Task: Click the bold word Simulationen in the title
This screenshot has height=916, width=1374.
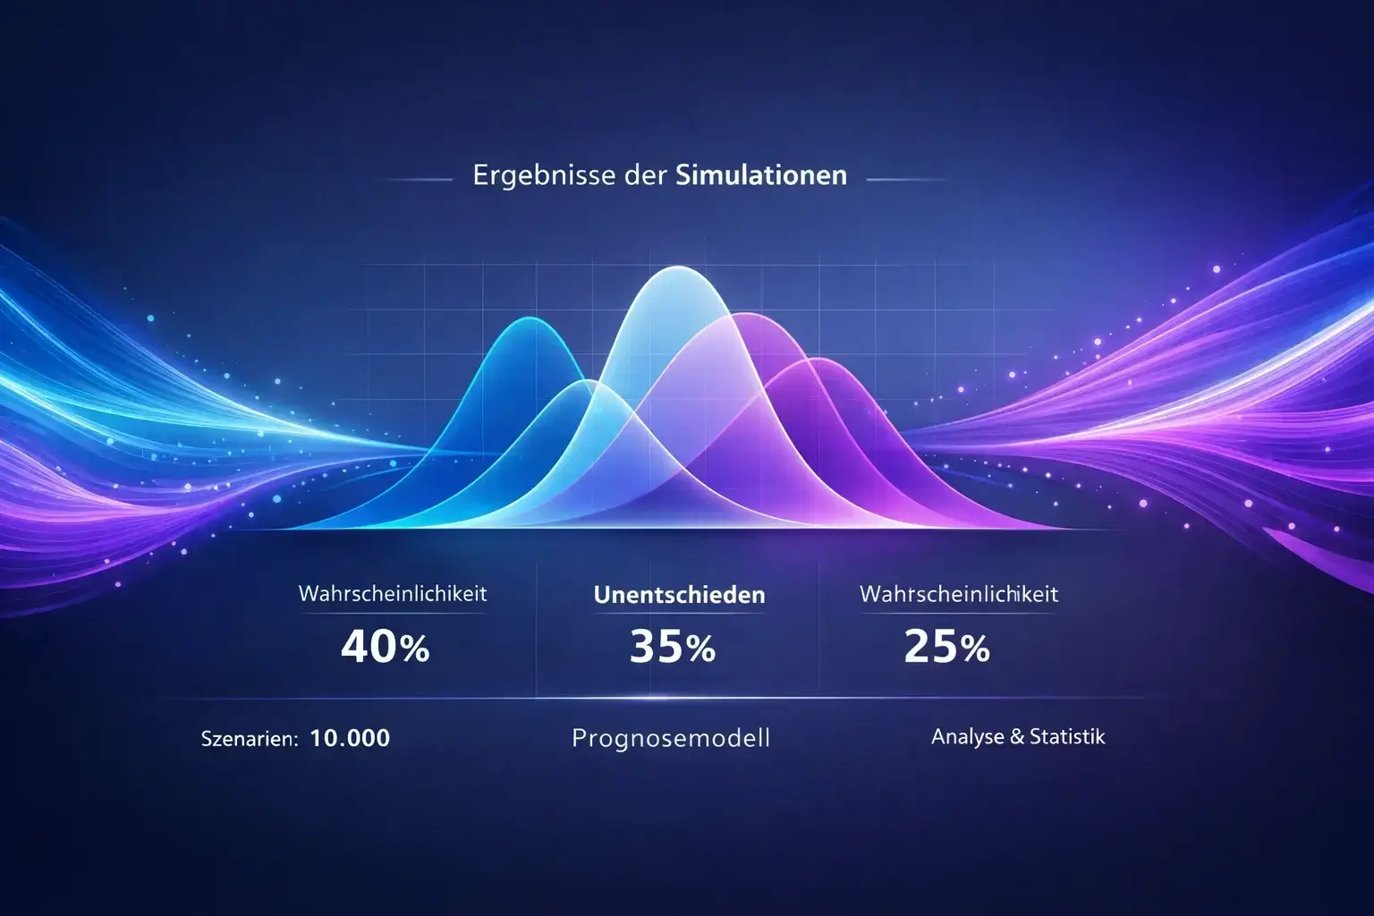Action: pyautogui.click(x=761, y=174)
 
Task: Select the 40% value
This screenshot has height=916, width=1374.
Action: pyautogui.click(x=386, y=647)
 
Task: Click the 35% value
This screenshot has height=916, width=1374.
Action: pyautogui.click(x=672, y=647)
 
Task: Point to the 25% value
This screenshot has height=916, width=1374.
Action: pyautogui.click(x=946, y=647)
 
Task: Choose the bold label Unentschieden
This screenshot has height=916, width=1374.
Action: pyautogui.click(x=679, y=595)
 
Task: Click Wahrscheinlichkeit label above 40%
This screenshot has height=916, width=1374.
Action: pyautogui.click(x=393, y=593)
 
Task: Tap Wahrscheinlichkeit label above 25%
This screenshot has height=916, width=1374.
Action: pyautogui.click(x=958, y=593)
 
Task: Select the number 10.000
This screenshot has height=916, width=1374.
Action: pyautogui.click(x=350, y=738)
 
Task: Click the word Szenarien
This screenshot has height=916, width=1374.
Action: pyautogui.click(x=249, y=739)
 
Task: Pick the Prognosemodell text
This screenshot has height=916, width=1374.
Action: pyautogui.click(x=671, y=739)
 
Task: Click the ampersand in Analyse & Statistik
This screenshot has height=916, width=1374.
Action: pyautogui.click(x=1016, y=737)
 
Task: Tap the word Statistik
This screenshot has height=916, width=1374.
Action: pyautogui.click(x=1067, y=737)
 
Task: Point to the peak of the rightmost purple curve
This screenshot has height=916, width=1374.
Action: pyautogui.click(x=816, y=360)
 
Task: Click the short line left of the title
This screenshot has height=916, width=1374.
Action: pyautogui.click(x=417, y=180)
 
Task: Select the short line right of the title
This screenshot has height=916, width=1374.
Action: pyautogui.click(x=905, y=180)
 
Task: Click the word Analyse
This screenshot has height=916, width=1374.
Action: pyautogui.click(x=967, y=737)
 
